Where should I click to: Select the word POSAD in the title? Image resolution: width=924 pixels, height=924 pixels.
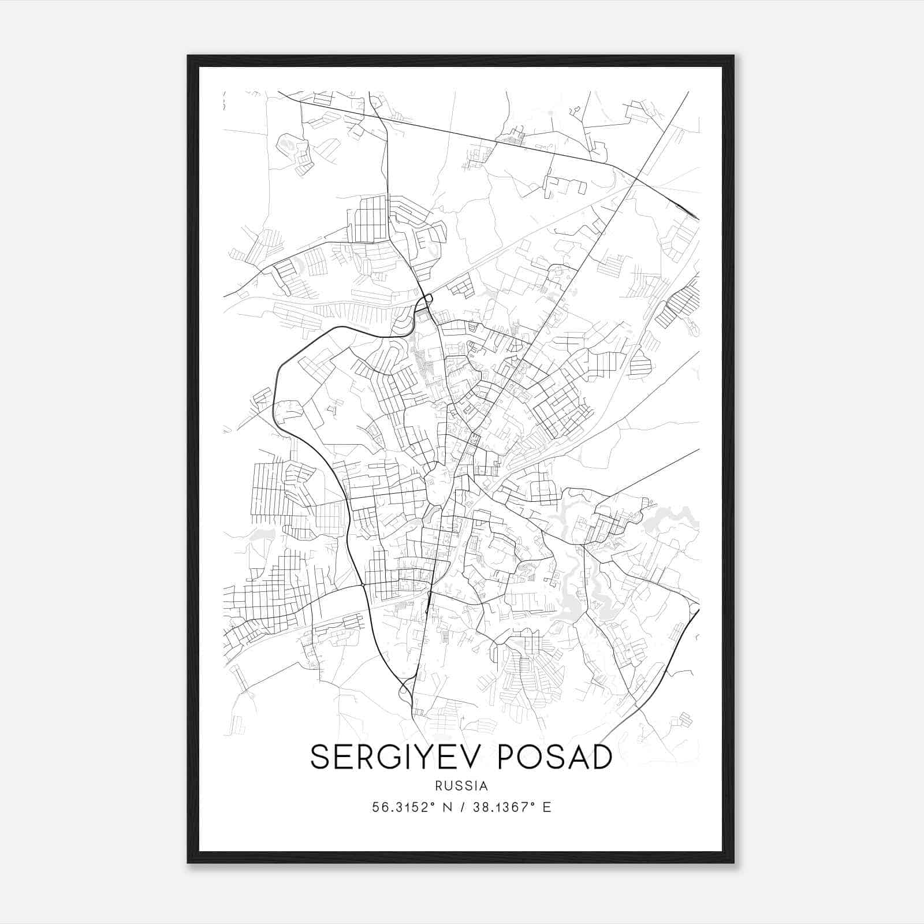tap(554, 757)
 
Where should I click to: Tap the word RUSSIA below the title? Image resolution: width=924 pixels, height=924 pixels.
tap(462, 786)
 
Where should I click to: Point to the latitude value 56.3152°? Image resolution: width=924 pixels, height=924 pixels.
tap(402, 807)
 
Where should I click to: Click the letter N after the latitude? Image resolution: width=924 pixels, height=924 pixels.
tap(446, 807)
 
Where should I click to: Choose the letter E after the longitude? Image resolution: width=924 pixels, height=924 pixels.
tap(547, 807)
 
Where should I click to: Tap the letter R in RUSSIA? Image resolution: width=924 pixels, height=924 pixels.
tap(439, 786)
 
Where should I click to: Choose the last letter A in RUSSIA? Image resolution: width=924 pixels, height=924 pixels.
tap(484, 786)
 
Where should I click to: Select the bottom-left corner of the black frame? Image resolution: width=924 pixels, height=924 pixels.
tap(188, 862)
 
